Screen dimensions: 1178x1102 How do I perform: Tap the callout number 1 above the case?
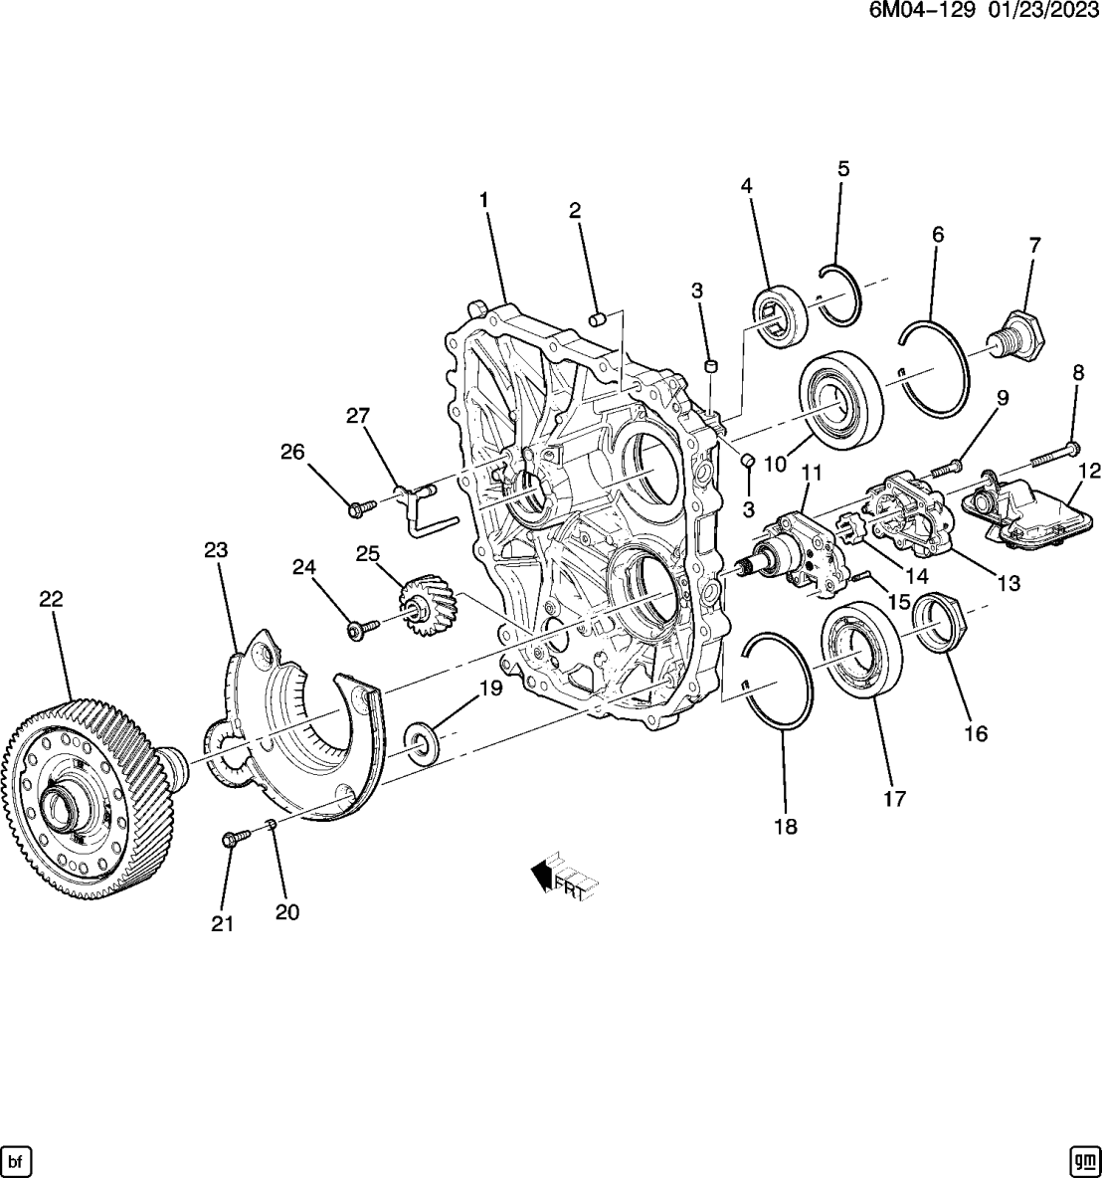484,200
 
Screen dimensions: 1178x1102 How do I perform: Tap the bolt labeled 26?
361,507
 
